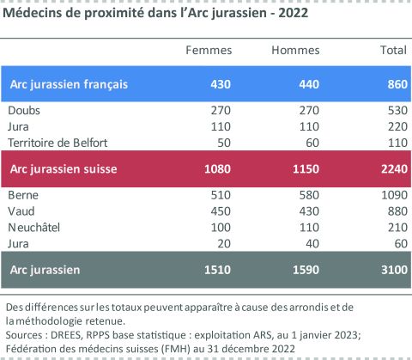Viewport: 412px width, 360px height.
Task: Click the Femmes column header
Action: (209, 51)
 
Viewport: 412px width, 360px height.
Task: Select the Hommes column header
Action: (295, 51)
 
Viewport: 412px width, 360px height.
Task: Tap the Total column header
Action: (392, 51)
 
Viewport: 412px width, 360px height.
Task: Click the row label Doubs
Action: (25, 111)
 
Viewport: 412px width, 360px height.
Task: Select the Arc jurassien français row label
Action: (69, 83)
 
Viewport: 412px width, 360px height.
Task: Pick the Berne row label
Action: (24, 195)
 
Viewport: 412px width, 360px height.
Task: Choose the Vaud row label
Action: (22, 210)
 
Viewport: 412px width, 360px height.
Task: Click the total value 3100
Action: (391, 271)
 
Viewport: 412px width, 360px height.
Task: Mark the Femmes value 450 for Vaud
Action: (221, 210)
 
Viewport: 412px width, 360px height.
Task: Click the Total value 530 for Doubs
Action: (395, 111)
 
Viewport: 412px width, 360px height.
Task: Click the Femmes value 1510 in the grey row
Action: (218, 271)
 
